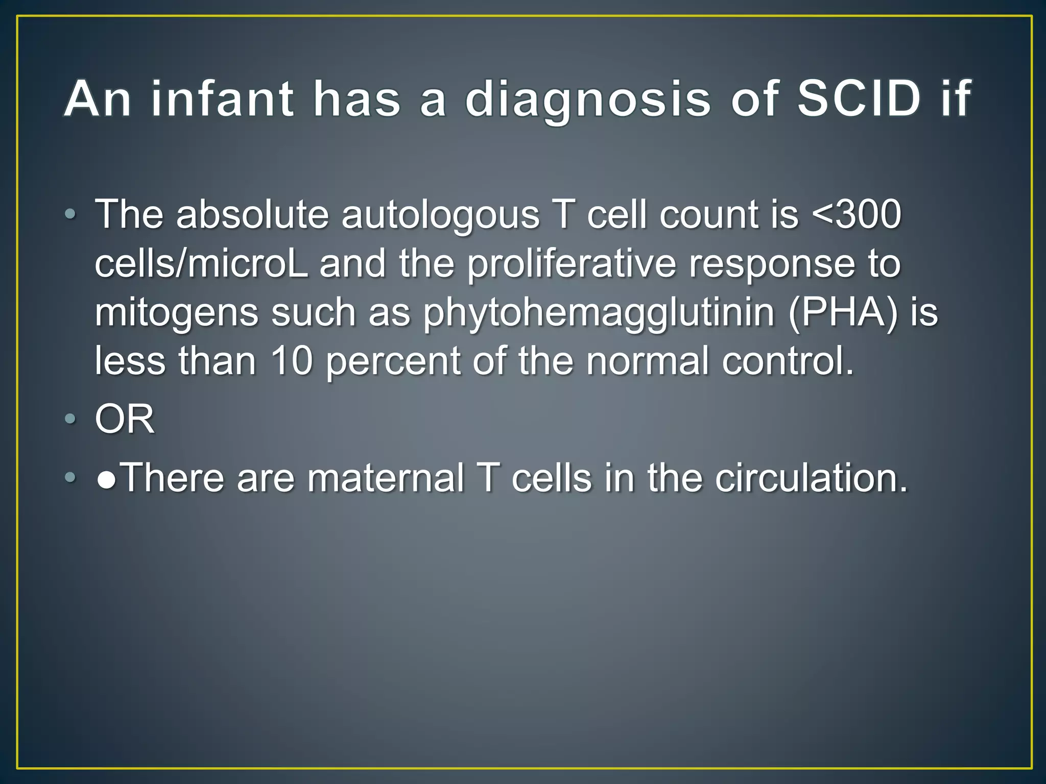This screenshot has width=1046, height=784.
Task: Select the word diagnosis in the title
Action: [x=588, y=100]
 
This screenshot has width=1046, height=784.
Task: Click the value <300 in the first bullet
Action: [x=856, y=214]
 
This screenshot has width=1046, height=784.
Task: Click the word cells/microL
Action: [x=202, y=264]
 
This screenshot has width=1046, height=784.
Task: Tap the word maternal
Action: [x=386, y=478]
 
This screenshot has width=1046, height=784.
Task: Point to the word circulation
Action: [x=812, y=478]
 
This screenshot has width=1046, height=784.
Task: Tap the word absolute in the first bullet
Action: [x=252, y=214]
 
